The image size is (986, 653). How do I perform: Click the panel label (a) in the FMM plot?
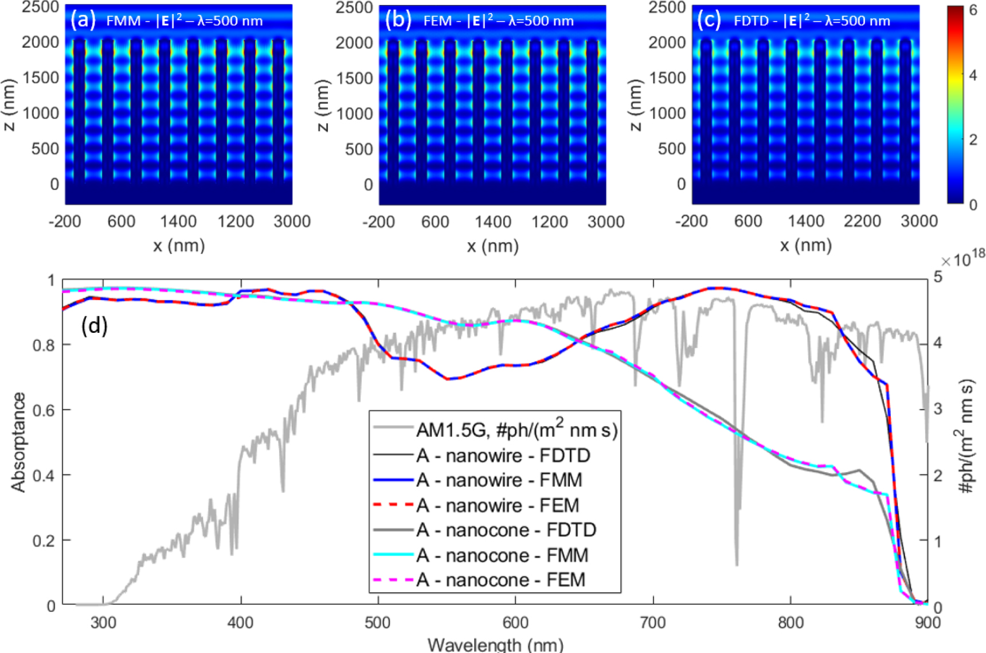click(x=83, y=20)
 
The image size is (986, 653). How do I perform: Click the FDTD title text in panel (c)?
click(x=811, y=21)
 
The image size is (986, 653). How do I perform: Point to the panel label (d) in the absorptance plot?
click(x=95, y=326)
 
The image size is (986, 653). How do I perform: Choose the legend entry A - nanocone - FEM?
click(x=500, y=580)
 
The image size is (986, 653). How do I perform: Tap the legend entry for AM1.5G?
click(x=516, y=429)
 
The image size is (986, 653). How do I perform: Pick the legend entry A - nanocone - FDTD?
click(x=506, y=530)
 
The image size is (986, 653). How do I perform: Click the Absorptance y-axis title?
click(x=18, y=442)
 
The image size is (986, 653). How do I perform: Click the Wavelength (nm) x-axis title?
click(x=495, y=645)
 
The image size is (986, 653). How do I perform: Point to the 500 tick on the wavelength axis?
click(x=378, y=623)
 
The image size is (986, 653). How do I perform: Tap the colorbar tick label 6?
click(x=973, y=10)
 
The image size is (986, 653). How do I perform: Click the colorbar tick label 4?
click(x=973, y=75)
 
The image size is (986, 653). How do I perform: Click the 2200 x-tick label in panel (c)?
click(x=862, y=221)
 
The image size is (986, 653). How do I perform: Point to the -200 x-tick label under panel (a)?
click(x=64, y=221)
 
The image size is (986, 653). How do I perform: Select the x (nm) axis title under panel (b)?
click(x=492, y=246)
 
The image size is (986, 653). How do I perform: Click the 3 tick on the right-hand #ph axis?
click(x=938, y=409)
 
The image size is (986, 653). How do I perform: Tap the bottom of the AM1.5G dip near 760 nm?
click(x=737, y=563)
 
